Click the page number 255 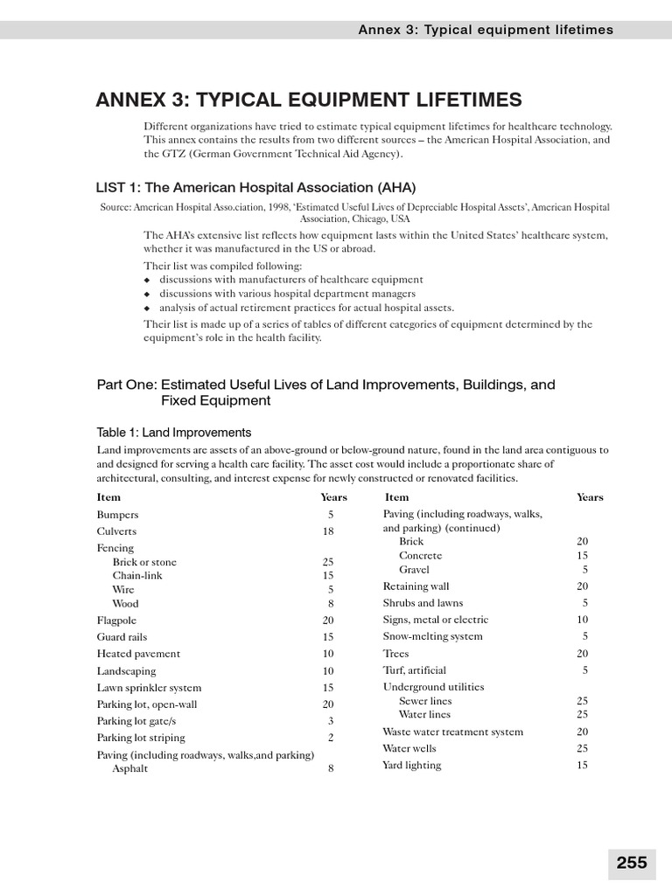pos(631,863)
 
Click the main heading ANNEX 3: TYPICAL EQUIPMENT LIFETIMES pos(309,100)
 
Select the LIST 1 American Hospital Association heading pos(255,187)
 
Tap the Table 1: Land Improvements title pos(173,432)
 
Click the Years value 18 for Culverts pos(328,531)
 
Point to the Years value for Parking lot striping pos(331,738)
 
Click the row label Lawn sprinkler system pos(149,688)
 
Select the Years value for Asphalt pos(331,769)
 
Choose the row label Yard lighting pos(411,766)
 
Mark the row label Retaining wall pos(416,586)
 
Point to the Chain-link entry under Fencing pos(137,575)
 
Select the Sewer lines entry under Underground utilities pos(425,701)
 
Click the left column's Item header pos(108,497)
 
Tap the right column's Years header pos(590,497)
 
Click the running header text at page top pos(486,30)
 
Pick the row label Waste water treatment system pos(453,732)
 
